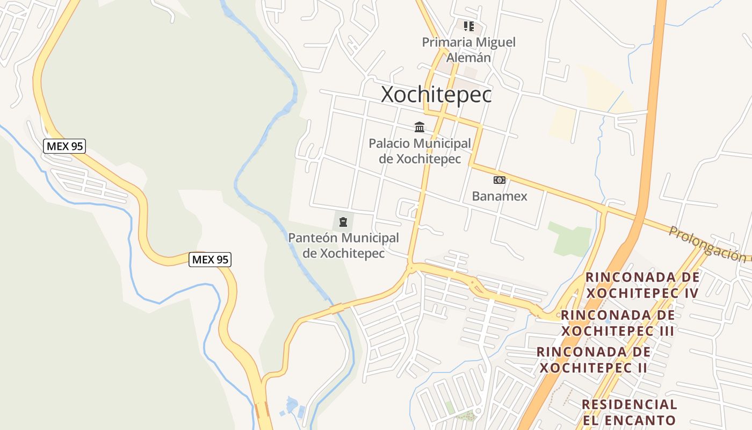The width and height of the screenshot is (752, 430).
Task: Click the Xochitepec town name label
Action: click(436, 95)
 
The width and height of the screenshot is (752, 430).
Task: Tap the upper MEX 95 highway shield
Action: click(64, 146)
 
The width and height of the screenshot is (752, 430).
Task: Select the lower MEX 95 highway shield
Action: click(210, 260)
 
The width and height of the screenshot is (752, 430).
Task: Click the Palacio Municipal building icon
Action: click(420, 127)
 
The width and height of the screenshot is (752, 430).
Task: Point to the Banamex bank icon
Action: click(499, 180)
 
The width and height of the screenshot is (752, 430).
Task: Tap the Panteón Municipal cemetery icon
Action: click(343, 221)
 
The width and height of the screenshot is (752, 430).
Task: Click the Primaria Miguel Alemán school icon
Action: click(468, 26)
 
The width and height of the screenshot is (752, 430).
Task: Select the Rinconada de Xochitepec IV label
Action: click(642, 285)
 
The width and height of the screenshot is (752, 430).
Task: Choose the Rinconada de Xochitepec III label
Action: click(618, 322)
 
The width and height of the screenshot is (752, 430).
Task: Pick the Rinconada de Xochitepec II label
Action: click(594, 360)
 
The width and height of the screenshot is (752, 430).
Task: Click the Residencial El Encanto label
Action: click(629, 412)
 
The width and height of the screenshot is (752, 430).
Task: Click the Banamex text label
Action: click(500, 196)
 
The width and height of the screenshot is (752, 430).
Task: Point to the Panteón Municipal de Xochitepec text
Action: click(344, 245)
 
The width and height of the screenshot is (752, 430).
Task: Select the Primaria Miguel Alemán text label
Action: click(468, 49)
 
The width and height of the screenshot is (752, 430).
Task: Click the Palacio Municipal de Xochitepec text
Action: click(420, 151)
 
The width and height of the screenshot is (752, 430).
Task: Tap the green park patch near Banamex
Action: click(570, 240)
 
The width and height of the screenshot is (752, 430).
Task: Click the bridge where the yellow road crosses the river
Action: click(337, 309)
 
